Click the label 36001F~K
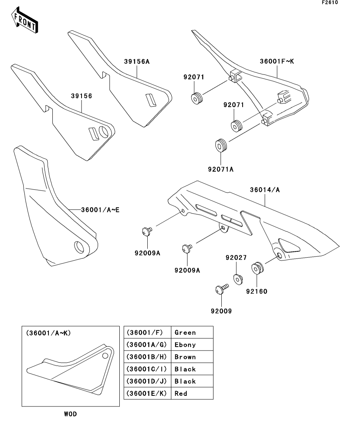[277, 61]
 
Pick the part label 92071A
[221, 170]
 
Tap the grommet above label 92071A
[221, 145]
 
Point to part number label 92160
[257, 292]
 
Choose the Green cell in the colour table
[192, 332]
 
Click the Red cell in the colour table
[192, 393]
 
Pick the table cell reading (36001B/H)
[147, 357]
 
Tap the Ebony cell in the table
[192, 345]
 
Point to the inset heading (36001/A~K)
[48, 332]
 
